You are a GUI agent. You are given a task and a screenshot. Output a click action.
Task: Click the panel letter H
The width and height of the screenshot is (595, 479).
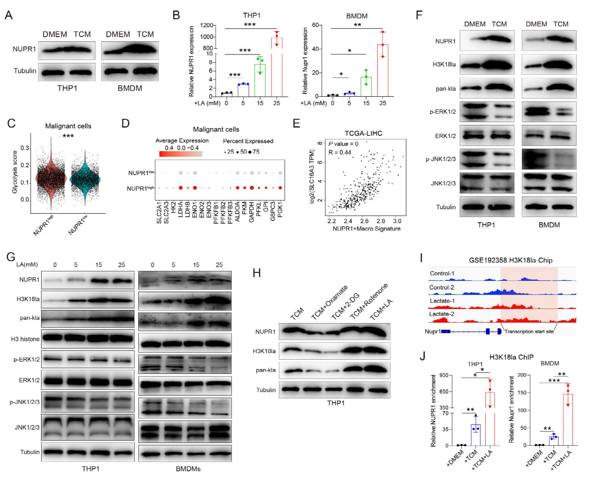click(x=257, y=273)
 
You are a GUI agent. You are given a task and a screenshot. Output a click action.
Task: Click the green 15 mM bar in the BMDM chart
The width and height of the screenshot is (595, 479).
click(x=366, y=87)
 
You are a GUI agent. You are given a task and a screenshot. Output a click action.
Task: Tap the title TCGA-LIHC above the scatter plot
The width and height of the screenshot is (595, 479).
click(x=364, y=133)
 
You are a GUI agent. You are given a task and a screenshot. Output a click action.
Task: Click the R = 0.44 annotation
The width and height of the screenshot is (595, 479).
click(x=340, y=152)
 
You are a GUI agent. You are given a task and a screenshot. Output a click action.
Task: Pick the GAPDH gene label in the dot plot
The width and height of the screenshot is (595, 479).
click(x=252, y=212)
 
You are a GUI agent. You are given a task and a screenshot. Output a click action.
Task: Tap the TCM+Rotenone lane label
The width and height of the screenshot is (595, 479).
click(x=369, y=301)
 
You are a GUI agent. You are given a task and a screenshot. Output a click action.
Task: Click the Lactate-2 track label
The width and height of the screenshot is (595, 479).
click(x=442, y=314)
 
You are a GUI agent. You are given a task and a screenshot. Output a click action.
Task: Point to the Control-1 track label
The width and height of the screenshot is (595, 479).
click(x=442, y=273)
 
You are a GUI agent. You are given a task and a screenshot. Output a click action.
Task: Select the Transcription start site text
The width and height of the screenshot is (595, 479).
click(x=529, y=332)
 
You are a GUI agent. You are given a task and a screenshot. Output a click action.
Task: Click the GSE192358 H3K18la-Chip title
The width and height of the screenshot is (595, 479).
click(x=511, y=260)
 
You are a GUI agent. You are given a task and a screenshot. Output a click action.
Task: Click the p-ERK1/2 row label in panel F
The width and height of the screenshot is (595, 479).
click(x=442, y=112)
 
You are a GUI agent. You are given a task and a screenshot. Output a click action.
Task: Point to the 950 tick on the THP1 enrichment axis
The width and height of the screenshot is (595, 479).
click(x=443, y=376)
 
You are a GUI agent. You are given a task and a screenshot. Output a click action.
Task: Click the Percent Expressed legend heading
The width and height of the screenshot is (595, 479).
click(x=248, y=141)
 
